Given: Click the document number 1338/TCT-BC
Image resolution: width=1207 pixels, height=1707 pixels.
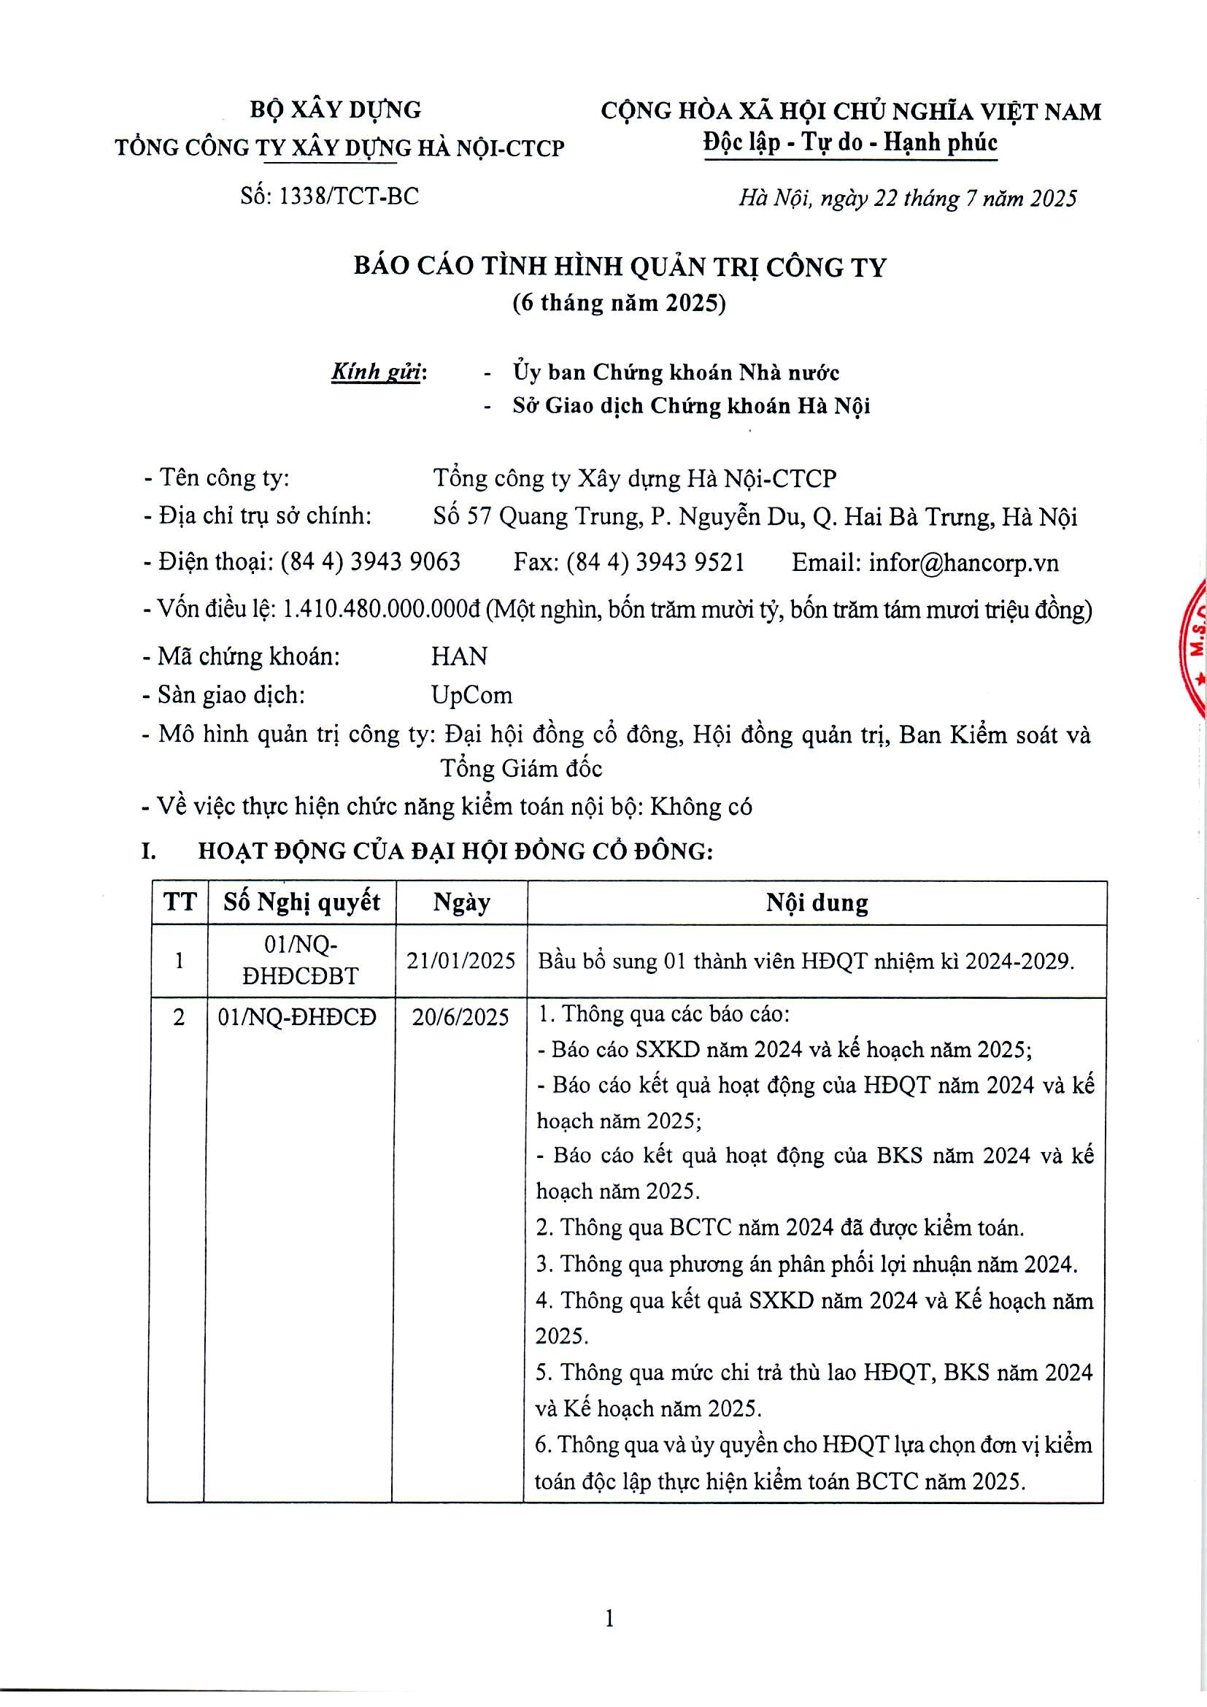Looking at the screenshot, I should click(x=347, y=196).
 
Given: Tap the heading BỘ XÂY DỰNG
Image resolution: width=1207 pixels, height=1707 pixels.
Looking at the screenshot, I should click(x=335, y=110).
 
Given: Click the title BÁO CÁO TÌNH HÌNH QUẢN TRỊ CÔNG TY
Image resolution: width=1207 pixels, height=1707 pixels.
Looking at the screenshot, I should click(x=620, y=267).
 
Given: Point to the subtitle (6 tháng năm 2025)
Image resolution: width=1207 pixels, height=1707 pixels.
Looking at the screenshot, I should click(x=619, y=302).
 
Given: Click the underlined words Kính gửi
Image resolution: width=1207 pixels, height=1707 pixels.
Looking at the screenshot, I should click(x=376, y=372).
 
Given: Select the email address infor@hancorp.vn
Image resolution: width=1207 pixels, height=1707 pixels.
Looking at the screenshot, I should click(x=963, y=562).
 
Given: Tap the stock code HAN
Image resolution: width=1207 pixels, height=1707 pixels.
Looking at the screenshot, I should click(x=459, y=656).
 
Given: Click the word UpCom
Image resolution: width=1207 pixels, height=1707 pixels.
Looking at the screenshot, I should click(x=471, y=694).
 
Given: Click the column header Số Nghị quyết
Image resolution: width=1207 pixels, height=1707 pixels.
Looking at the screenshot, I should click(x=302, y=902).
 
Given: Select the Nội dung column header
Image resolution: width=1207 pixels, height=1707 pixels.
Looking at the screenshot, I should click(x=817, y=903).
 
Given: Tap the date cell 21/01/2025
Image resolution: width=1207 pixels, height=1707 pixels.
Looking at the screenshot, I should click(x=460, y=961).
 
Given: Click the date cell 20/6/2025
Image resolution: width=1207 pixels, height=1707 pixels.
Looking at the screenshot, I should click(x=460, y=1016).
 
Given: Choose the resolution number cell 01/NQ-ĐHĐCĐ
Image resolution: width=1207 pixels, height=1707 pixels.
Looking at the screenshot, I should click(x=297, y=1016).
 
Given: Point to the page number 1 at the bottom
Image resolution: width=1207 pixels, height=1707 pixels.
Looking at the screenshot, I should click(x=609, y=1618).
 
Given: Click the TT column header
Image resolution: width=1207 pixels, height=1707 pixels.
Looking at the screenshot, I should click(x=179, y=902).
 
